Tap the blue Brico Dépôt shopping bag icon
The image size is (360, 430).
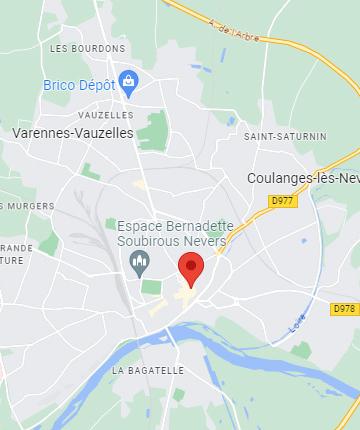point(127,80)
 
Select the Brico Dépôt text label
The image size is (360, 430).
point(79,85)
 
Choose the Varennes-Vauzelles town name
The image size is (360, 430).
point(75,132)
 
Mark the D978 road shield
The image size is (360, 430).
point(345,309)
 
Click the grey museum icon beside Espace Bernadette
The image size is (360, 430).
point(139,264)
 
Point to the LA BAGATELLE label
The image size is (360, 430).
point(147,370)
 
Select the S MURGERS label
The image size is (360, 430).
point(18,206)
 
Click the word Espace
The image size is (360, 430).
point(141,227)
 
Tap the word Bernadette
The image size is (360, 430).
point(200,227)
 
